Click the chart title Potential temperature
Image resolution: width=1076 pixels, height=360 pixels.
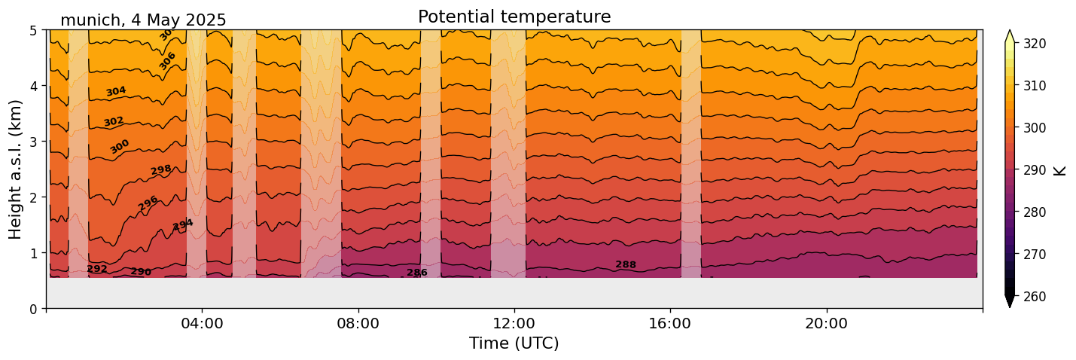tap(514, 17)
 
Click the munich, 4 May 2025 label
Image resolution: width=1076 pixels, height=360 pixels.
tap(143, 20)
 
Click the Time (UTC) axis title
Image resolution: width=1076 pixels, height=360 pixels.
tap(514, 343)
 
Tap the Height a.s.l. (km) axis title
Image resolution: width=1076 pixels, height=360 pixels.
tap(16, 169)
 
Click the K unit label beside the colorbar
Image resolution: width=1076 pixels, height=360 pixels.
tap(1060, 170)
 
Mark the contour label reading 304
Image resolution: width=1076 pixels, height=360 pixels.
tap(116, 91)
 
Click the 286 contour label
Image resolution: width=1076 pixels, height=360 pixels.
tap(417, 273)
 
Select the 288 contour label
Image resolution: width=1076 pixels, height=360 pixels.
tap(626, 264)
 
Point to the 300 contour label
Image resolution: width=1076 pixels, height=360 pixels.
tap(120, 146)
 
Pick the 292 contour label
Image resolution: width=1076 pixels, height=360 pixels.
tap(97, 269)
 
